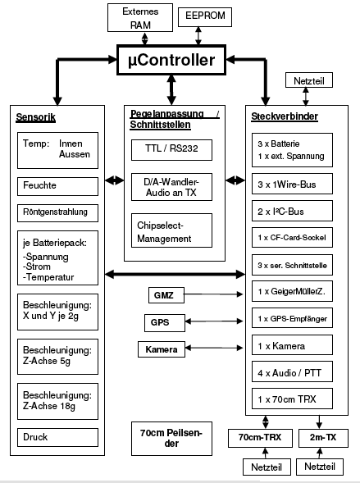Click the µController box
pyautogui.click(x=171, y=60)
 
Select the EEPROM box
pyautogui.click(x=205, y=17)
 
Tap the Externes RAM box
pyautogui.click(x=140, y=17)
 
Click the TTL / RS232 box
pyautogui.click(x=171, y=150)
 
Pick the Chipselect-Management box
pyautogui.click(x=171, y=230)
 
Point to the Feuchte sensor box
pyautogui.click(x=58, y=186)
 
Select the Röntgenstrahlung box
pyautogui.click(x=58, y=213)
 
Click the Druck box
pyautogui.click(x=58, y=437)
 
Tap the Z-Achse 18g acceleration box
pyautogui.click(x=58, y=401)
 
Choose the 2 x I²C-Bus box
pyautogui.click(x=292, y=211)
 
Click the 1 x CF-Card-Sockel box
pyautogui.click(x=292, y=238)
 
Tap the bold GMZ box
pyautogui.click(x=166, y=295)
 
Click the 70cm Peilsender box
pyautogui.click(x=171, y=439)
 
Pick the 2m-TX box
pyautogui.click(x=323, y=438)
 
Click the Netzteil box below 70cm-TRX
pyautogui.click(x=267, y=467)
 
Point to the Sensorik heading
pyautogui.click(x=36, y=117)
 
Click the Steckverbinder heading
pyautogui.click(x=285, y=116)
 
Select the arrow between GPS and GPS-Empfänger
pyautogui.click(x=214, y=321)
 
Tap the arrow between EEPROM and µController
pyautogui.click(x=198, y=36)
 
